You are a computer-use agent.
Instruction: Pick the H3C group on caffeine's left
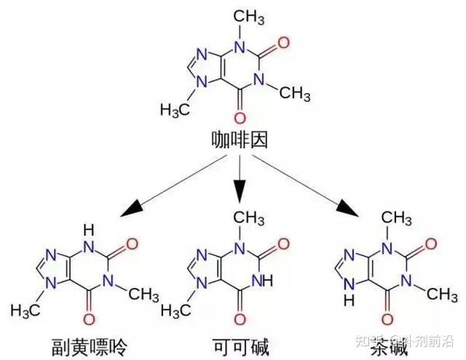[x=178, y=109]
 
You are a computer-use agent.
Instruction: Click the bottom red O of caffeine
[x=238, y=118]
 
